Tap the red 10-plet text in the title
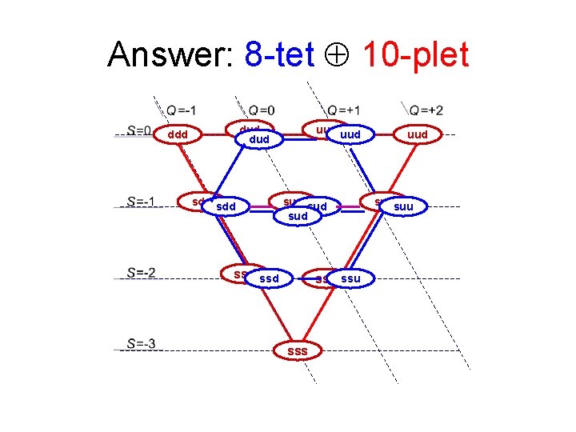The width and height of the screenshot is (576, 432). (415, 55)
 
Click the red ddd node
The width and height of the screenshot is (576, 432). (178, 134)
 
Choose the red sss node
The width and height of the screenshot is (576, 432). (297, 350)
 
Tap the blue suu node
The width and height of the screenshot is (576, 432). (404, 207)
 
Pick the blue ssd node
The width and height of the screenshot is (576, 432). (270, 278)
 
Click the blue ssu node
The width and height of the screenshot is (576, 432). (351, 278)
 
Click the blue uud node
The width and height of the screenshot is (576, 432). (350, 135)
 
